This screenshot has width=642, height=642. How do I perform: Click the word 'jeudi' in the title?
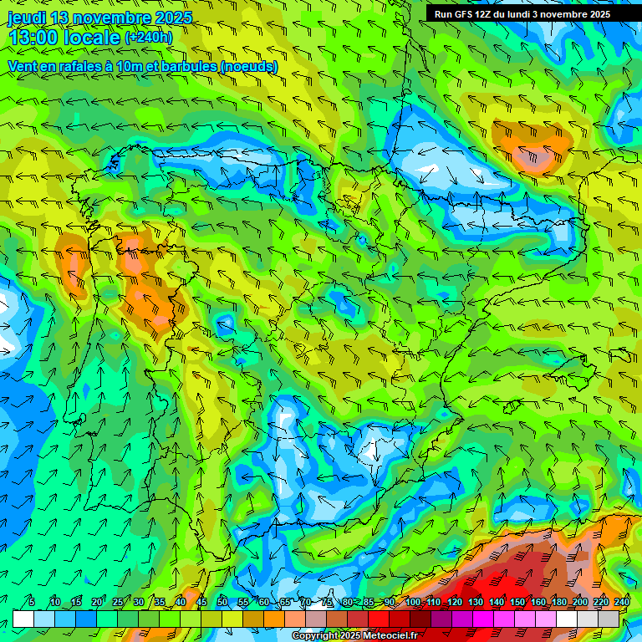coord(26,18)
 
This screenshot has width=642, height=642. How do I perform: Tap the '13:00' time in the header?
coord(32,38)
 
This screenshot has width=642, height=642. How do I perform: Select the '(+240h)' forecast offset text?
coord(149,37)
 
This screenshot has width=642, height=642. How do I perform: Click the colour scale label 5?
coord(32,603)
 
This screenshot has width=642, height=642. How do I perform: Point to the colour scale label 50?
coord(222,603)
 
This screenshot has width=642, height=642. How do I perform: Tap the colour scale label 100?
coord(413,603)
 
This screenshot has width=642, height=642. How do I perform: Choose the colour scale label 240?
coord(622,603)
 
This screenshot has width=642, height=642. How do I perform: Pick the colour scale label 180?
coord(559,603)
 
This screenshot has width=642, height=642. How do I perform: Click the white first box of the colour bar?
coord(23,619)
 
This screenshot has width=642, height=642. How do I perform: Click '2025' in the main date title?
coord(168,18)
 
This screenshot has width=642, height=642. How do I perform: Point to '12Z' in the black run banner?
coord(486,14)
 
